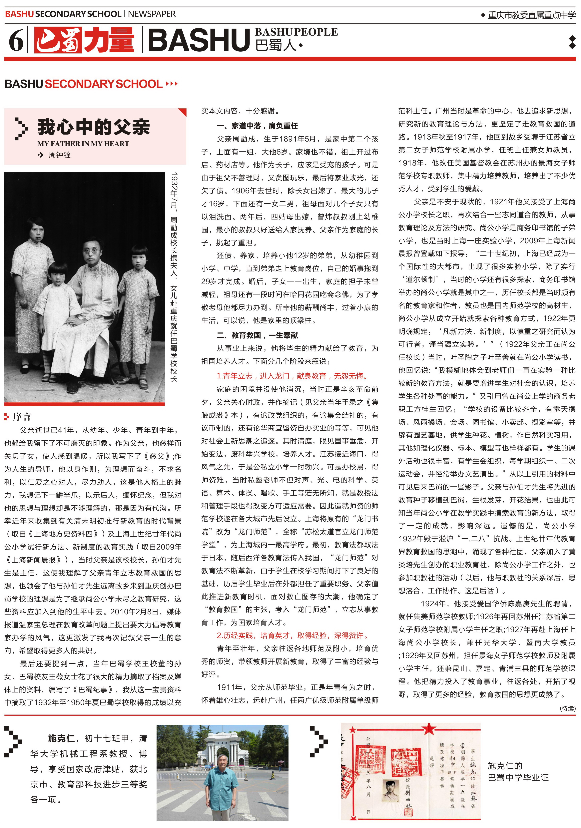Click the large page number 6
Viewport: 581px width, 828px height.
pyautogui.click(x=16, y=40)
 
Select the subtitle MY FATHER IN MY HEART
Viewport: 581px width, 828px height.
pyautogui.click(x=83, y=144)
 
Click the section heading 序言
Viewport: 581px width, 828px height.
pyautogui.click(x=22, y=417)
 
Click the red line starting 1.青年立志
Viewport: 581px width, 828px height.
pyautogui.click(x=292, y=376)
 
